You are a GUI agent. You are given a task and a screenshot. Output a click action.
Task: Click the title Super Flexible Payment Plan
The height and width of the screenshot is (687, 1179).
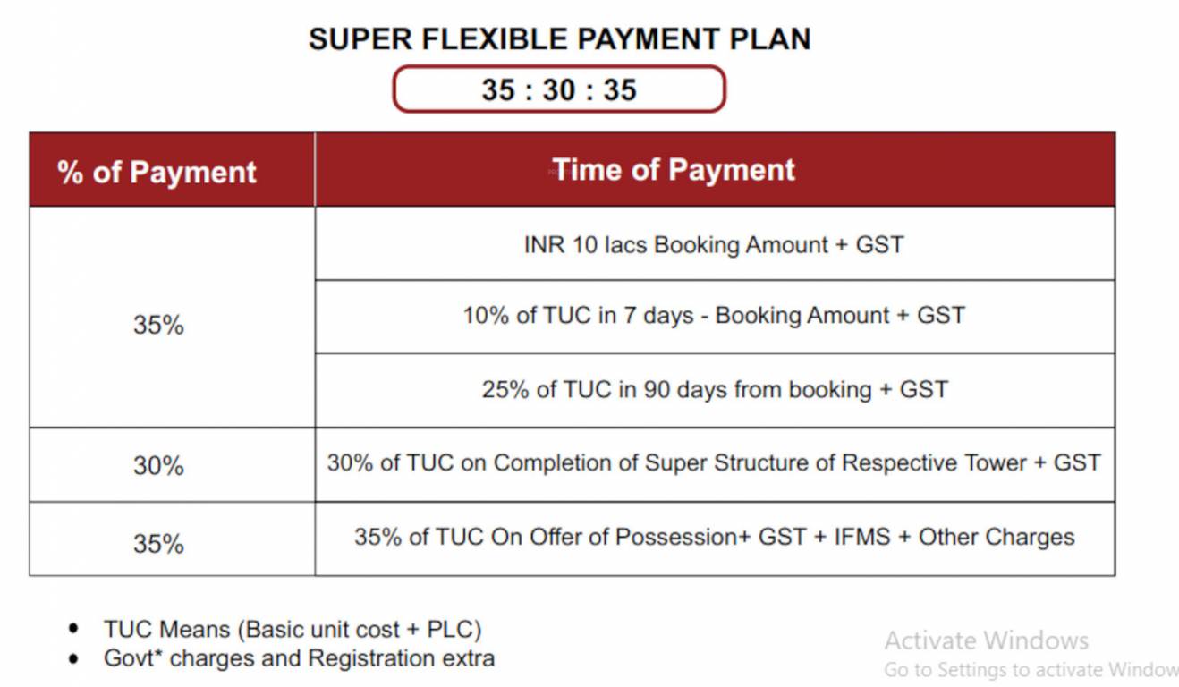tap(559, 39)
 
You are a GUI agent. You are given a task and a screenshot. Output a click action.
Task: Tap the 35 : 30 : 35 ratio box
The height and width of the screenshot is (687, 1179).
tap(559, 89)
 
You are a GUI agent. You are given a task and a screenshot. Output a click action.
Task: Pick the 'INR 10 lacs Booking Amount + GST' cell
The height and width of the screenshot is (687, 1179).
tap(715, 243)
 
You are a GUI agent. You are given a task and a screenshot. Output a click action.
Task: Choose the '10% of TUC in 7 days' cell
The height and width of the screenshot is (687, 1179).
tap(715, 317)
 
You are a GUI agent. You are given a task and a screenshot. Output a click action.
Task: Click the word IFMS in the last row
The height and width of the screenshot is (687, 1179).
tap(862, 537)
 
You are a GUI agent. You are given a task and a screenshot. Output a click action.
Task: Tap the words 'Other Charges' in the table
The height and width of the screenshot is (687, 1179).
tap(997, 538)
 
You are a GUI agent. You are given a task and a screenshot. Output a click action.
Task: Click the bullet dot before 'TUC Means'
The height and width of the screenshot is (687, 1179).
tap(73, 628)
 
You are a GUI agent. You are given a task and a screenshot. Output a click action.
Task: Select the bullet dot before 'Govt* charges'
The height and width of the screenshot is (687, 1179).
tap(73, 658)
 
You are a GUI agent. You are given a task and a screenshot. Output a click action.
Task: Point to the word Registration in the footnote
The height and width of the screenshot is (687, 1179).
tap(371, 659)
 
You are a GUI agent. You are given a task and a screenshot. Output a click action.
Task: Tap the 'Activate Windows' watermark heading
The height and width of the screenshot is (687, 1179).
tap(987, 640)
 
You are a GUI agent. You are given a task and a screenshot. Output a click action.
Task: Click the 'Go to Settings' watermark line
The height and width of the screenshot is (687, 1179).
tap(1031, 670)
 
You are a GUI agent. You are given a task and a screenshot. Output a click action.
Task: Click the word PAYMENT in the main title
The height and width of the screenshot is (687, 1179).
tap(649, 39)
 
